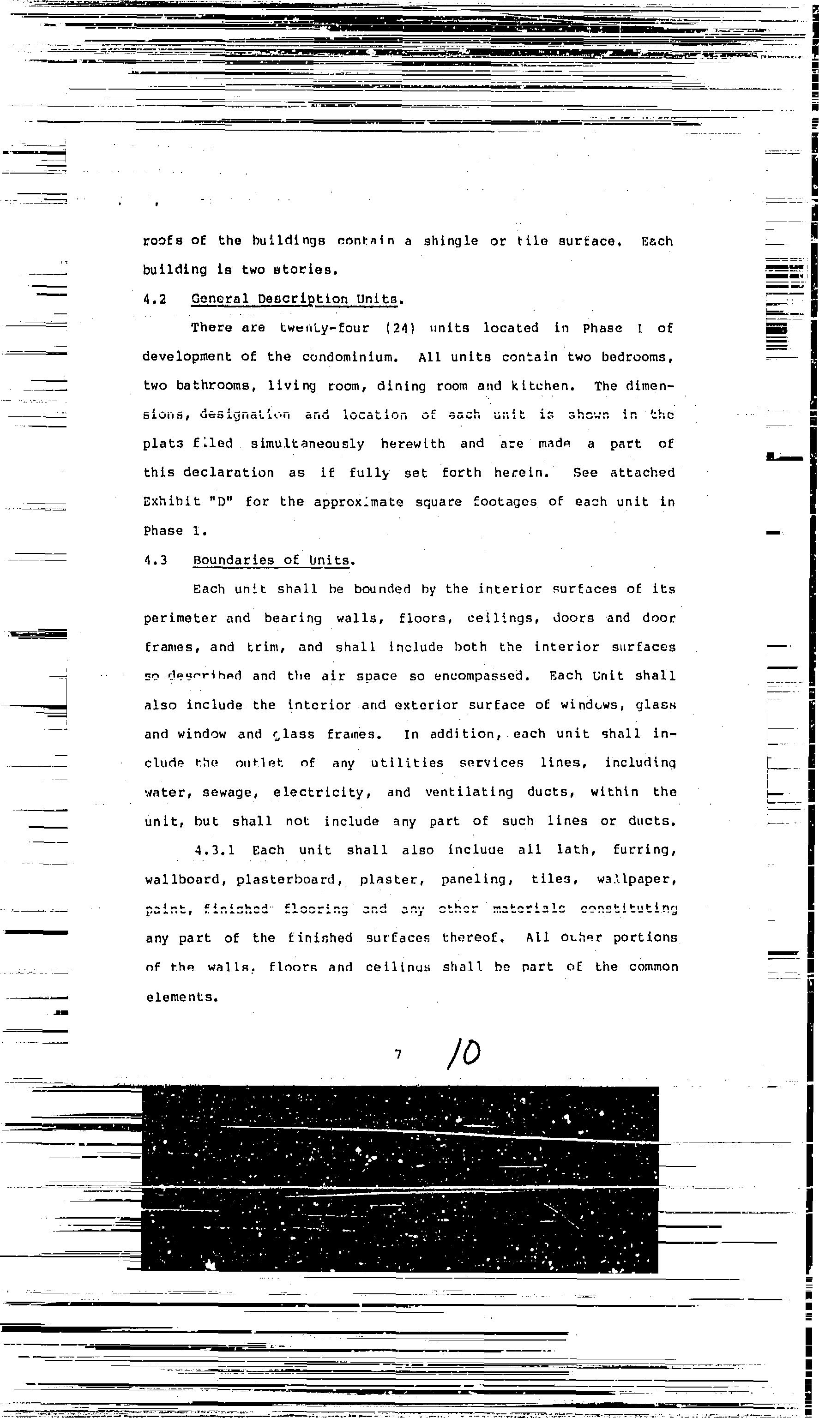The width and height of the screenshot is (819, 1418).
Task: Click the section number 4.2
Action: [x=155, y=299]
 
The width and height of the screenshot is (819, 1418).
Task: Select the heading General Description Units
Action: [x=296, y=299]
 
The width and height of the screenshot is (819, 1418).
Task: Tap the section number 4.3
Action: [x=156, y=560]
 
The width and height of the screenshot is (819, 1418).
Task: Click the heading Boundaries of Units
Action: [x=273, y=560]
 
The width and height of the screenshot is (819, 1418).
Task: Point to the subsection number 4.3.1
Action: [x=214, y=850]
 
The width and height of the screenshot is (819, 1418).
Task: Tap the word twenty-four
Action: [x=325, y=328]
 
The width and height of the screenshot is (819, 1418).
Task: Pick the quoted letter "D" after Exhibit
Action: [x=224, y=502]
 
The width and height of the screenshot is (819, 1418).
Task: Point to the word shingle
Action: [x=451, y=241]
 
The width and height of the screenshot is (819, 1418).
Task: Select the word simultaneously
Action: [x=307, y=444]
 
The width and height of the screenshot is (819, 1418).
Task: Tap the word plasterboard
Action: [x=289, y=879]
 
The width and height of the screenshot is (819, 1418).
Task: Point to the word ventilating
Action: [x=469, y=792]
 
